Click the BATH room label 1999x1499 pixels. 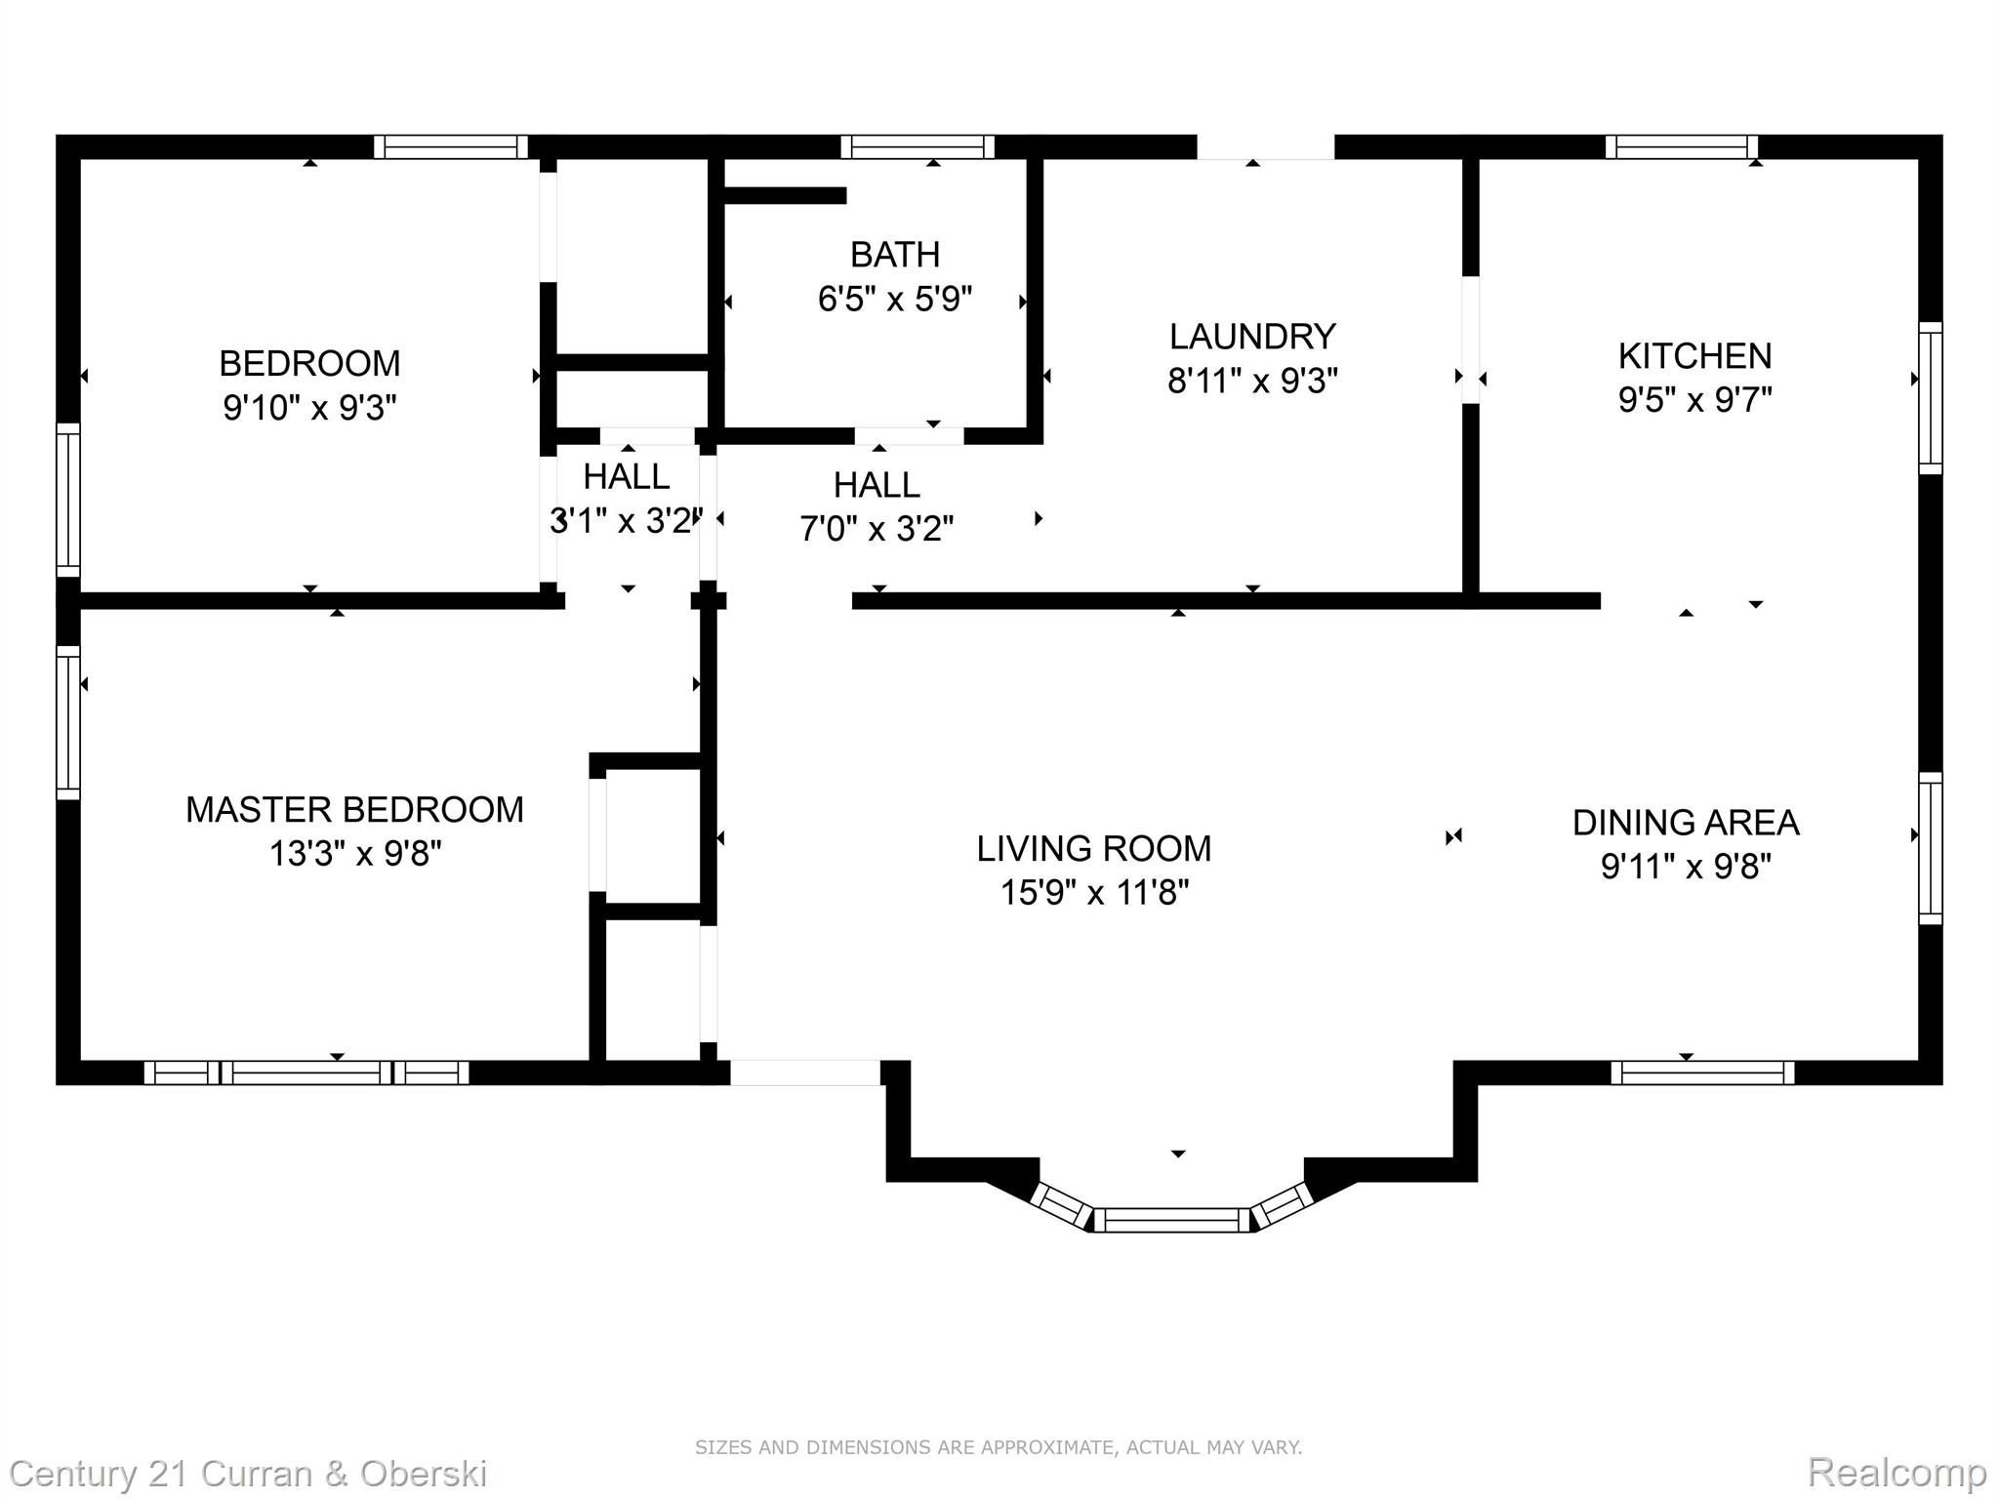click(895, 255)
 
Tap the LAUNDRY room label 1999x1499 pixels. click(1252, 337)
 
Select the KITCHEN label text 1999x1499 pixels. click(1694, 356)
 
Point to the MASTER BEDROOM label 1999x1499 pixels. click(354, 810)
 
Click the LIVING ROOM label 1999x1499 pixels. click(1094, 849)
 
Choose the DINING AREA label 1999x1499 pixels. click(1686, 823)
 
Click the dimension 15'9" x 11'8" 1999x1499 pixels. click(1094, 892)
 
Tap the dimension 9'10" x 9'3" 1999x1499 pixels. click(309, 407)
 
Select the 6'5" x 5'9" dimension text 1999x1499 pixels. click(895, 299)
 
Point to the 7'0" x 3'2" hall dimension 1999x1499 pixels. click(877, 529)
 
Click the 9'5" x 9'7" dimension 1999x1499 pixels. click(1694, 399)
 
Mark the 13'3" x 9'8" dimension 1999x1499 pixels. click(354, 854)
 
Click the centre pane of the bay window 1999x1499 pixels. click(1171, 1220)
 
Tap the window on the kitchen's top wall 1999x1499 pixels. click(1682, 147)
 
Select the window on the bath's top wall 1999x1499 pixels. click(918, 147)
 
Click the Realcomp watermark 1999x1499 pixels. click(1897, 1472)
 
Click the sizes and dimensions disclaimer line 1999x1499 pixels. click(999, 1447)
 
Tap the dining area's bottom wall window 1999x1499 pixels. click(1702, 1073)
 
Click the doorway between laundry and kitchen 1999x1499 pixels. click(1470, 340)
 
